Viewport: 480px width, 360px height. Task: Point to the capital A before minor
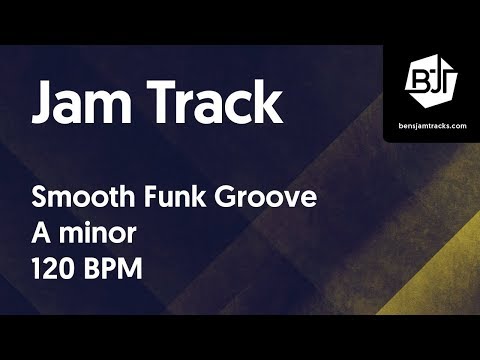point(43,235)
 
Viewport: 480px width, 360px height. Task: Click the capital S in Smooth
point(40,197)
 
